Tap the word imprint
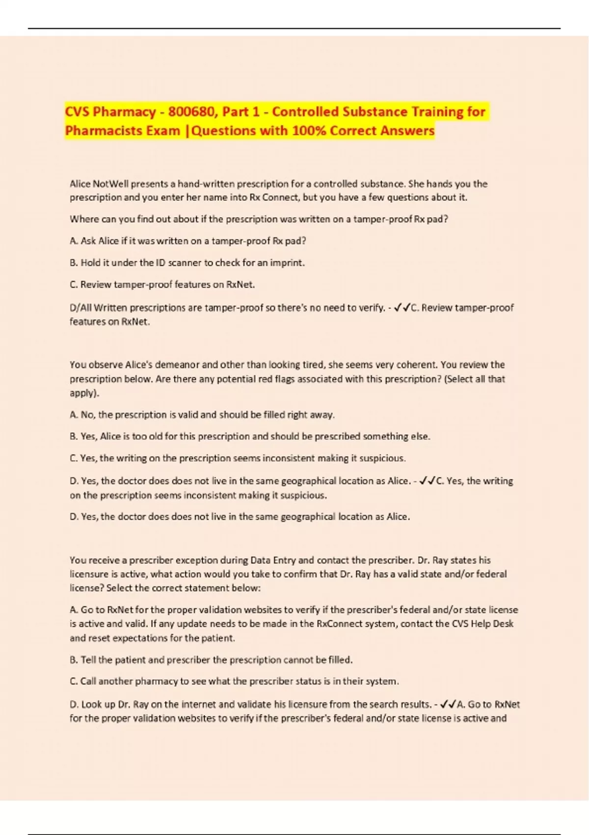pyautogui.click(x=288, y=263)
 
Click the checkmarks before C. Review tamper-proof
pyautogui.click(x=402, y=308)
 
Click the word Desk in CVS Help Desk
pyautogui.click(x=504, y=624)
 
